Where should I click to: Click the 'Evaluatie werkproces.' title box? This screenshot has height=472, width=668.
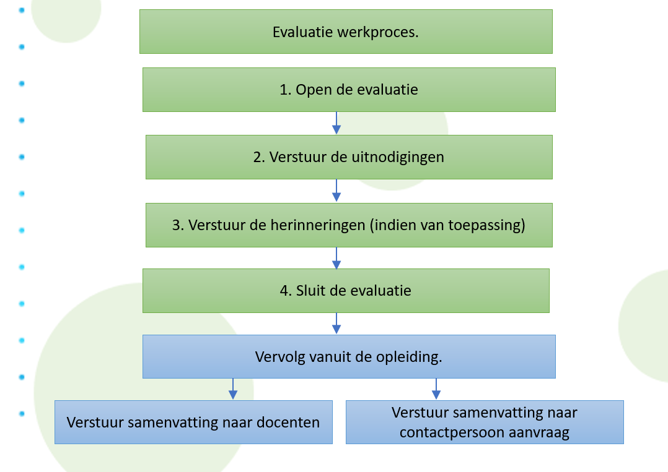coord(346,32)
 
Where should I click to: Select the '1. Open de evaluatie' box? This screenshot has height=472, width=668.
coord(349,90)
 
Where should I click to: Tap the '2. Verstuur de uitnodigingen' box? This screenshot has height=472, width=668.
coord(349,157)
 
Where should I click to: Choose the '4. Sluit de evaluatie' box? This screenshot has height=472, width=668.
coord(346,291)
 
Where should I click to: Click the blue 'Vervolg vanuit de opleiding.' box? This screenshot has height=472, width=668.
coord(349,357)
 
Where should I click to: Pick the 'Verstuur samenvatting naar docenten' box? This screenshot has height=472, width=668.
coord(193,423)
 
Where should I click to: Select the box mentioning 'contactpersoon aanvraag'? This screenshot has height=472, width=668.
coord(485,423)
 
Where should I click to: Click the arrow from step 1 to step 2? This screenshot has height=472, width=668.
coord(336,123)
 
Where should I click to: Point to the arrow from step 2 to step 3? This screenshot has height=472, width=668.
coord(336,191)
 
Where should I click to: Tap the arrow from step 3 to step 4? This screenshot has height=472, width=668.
coord(336,258)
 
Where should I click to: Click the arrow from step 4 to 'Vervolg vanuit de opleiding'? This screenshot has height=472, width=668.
coord(336,324)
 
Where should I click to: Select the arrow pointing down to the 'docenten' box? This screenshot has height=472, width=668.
coord(233,389)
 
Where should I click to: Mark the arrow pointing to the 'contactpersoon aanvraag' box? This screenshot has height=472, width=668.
coord(436,389)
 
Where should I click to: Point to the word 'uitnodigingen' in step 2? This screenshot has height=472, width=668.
coord(398,157)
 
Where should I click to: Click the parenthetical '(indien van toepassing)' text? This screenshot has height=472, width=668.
coord(447,225)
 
